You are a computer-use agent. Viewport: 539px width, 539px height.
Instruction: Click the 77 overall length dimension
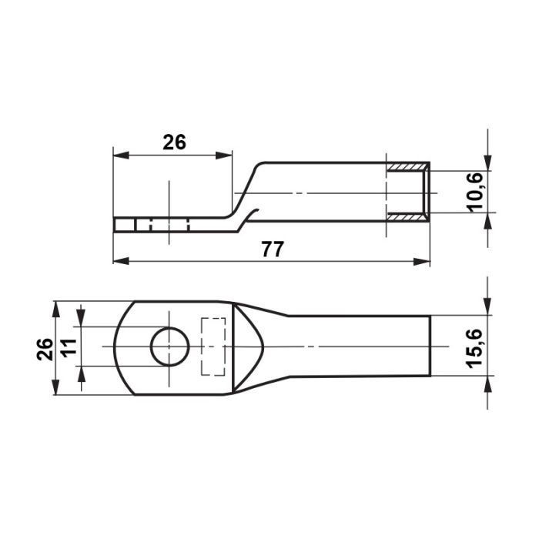click(x=273, y=249)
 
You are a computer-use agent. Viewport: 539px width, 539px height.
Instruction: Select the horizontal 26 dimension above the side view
click(x=174, y=142)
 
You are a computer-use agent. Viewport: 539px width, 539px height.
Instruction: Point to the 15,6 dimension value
click(x=475, y=349)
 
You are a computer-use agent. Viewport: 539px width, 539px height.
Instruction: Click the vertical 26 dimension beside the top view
click(x=45, y=350)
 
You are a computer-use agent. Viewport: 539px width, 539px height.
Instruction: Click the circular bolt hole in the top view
click(x=170, y=346)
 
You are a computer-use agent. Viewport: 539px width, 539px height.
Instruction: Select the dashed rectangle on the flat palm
click(x=213, y=346)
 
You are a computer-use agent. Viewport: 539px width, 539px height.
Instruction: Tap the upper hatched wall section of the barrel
click(x=408, y=167)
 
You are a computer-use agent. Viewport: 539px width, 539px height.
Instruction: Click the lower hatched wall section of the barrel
click(x=408, y=216)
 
